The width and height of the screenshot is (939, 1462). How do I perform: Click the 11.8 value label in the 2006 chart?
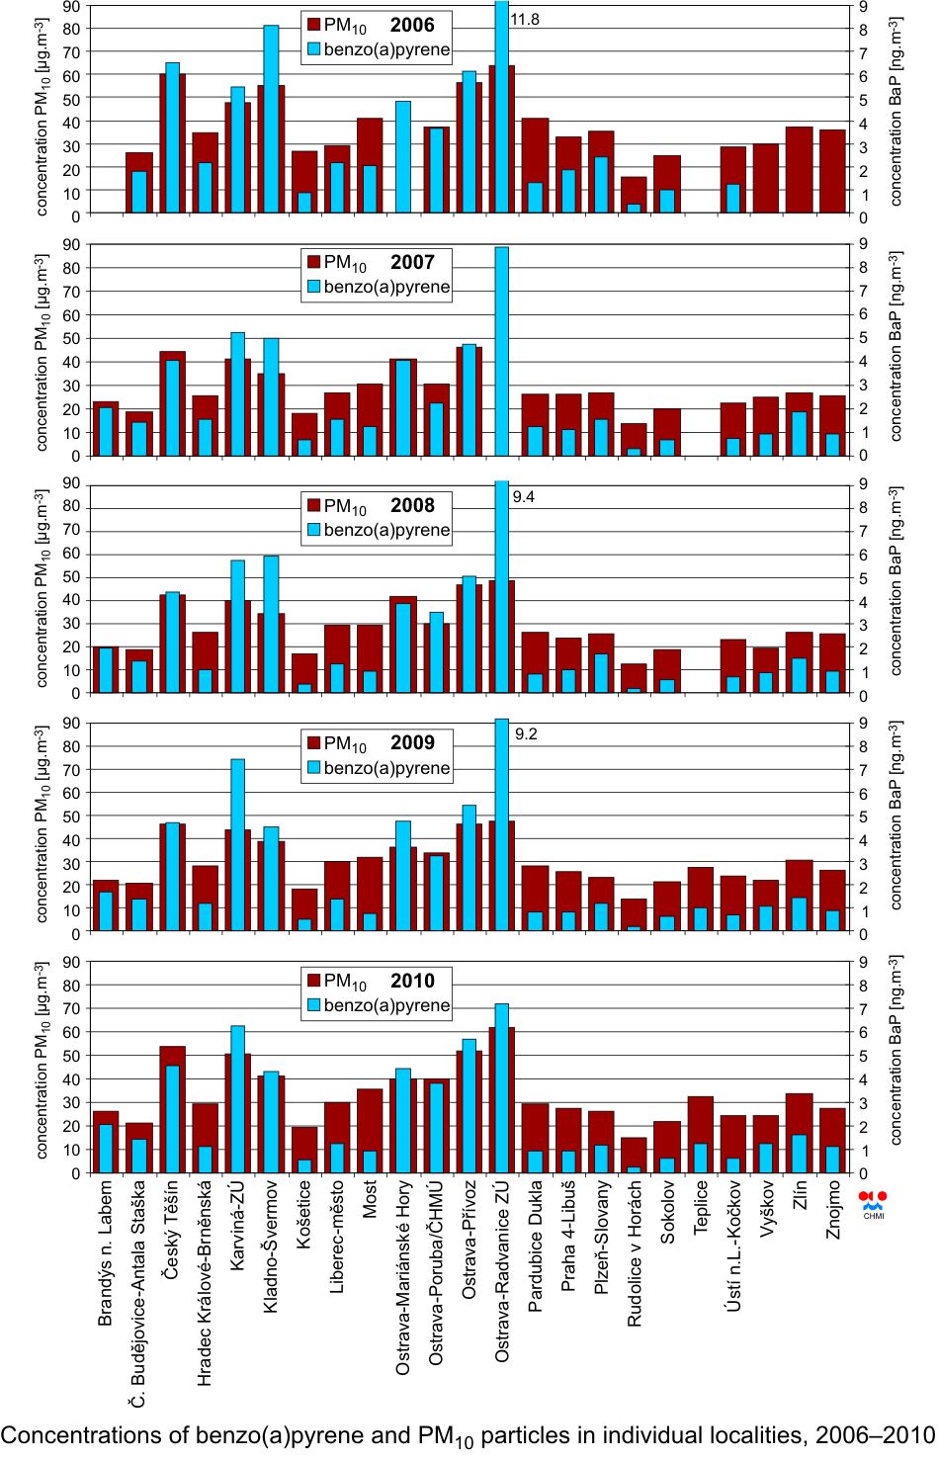coord(525,20)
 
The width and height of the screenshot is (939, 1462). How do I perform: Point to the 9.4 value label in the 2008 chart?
coord(524,497)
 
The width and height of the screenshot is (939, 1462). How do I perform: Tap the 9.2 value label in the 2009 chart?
coord(526,734)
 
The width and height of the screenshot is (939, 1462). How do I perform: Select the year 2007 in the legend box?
coord(412,263)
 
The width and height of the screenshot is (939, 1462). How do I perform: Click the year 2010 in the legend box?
coord(412,982)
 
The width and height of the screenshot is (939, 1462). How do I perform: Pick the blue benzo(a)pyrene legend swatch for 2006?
coord(314,49)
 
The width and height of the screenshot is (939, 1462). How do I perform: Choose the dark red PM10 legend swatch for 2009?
coord(314,743)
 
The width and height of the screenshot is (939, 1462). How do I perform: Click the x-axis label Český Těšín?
coord(172,1230)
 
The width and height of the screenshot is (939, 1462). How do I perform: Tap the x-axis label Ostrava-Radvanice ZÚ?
coord(502,1270)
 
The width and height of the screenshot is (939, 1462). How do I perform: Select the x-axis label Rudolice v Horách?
coord(635,1253)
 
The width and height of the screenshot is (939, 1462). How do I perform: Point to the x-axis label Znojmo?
coord(833,1208)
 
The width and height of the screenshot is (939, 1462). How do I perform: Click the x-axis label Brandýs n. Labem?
coord(106,1252)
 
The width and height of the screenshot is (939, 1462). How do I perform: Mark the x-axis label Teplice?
coord(701,1206)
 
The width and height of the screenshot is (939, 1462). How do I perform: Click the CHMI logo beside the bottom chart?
coord(873,1203)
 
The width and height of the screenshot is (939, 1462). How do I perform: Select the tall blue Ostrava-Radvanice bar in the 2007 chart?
coord(502,351)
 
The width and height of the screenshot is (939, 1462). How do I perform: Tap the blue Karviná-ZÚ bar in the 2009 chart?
coord(238,845)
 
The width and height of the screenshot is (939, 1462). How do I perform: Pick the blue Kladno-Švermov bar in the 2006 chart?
coord(271,119)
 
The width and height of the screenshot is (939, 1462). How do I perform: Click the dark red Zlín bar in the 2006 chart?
coord(800,170)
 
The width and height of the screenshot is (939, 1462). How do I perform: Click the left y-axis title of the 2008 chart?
coord(42,588)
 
